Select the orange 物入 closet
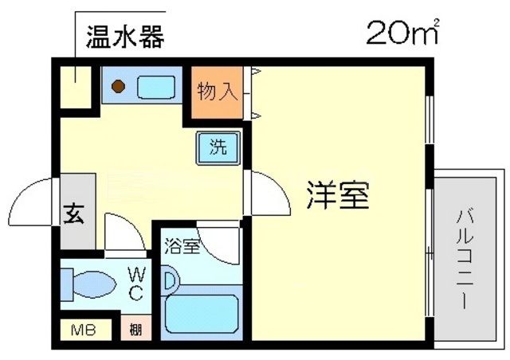pos(217,92)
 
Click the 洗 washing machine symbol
pos(216,147)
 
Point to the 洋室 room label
pos(338,195)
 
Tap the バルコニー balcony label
pos(464,259)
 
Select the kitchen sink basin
pos(155,87)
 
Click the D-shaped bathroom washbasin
pos(170,280)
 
